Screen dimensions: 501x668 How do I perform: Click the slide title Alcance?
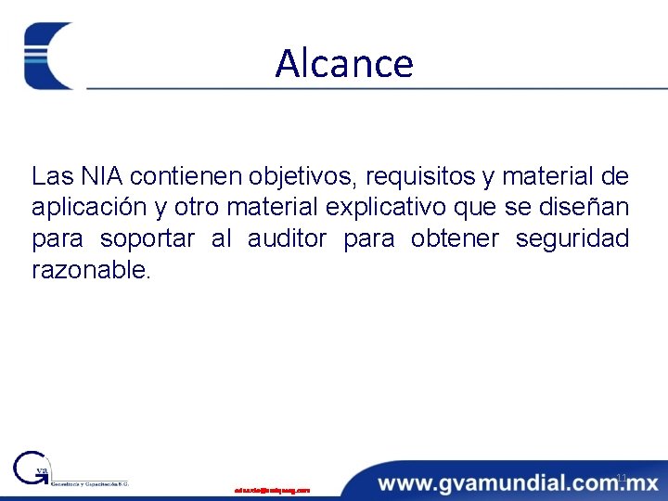coord(344,64)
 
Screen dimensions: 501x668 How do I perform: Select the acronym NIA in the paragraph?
coord(91,175)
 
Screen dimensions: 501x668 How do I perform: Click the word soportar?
coord(148,238)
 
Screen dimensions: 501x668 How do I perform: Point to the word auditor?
coord(287,238)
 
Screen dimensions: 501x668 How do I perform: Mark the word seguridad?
coord(572,238)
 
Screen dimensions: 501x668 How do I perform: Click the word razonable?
coord(90,270)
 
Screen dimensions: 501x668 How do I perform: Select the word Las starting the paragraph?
coord(48,175)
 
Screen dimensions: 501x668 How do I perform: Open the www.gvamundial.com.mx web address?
coord(518,482)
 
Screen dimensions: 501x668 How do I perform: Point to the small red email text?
coord(272,490)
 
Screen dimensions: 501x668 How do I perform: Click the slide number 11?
coord(622,478)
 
